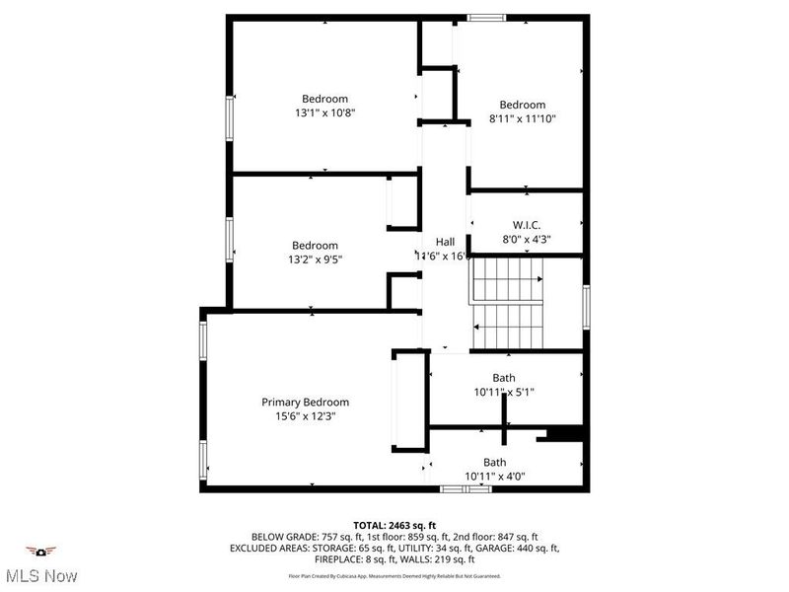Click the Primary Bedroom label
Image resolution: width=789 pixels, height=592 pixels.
pos(305,402)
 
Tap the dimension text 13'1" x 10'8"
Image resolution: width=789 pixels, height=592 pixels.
pos(324,112)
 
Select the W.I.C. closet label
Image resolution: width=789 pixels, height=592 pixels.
pos(527,225)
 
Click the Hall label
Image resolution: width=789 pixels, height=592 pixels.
pos(445,241)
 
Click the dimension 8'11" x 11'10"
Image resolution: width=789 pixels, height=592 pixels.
pos(522,119)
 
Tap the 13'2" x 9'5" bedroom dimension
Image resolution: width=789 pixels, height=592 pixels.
pos(315,259)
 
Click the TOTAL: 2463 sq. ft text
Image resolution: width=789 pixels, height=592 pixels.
pos(394,524)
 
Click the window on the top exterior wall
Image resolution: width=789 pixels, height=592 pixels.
pos(485,17)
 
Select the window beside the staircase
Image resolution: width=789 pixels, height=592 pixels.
pos(586,306)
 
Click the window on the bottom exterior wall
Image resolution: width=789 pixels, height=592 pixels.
pos(465,488)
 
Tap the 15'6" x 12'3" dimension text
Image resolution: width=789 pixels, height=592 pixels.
pos(305,416)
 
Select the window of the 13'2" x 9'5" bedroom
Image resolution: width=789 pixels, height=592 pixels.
pos(230,243)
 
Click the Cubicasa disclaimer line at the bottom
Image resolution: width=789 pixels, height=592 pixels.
pos(394,575)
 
